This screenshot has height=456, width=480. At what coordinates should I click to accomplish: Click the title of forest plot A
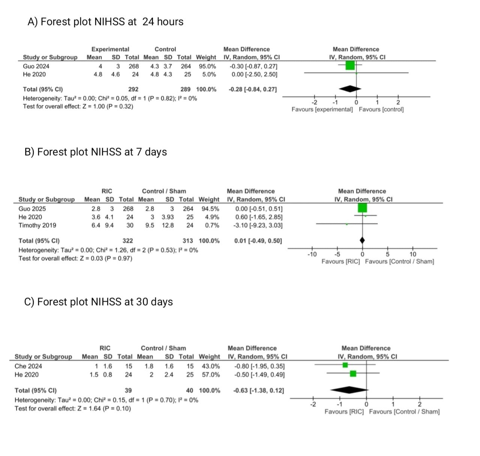click(105, 22)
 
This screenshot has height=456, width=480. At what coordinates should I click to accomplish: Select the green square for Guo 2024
click(350, 65)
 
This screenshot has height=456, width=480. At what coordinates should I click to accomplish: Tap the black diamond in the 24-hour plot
click(350, 89)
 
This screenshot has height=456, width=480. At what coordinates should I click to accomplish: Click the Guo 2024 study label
click(36, 66)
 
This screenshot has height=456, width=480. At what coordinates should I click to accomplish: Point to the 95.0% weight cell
click(207, 66)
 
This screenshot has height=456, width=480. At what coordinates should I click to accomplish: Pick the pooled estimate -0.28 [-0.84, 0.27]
click(253, 89)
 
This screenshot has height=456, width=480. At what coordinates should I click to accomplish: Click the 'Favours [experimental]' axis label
click(322, 109)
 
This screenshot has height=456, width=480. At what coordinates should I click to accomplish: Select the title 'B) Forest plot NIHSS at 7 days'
click(96, 152)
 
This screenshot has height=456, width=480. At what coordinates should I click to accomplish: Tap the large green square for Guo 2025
click(362, 208)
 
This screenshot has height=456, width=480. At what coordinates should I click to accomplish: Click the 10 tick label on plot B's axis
click(412, 254)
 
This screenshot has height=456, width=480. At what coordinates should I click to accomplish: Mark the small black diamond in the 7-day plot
click(362, 240)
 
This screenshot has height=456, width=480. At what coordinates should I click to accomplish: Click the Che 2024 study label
click(28, 366)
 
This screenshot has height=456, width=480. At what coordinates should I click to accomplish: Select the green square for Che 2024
click(345, 365)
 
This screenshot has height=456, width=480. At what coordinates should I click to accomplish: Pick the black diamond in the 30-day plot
click(349, 390)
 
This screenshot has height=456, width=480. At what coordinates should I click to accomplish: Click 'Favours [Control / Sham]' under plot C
click(404, 411)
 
